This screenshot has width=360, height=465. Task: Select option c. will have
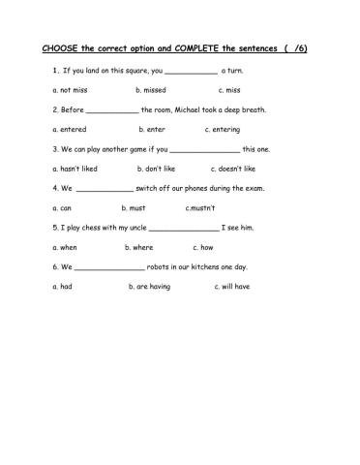232,287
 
